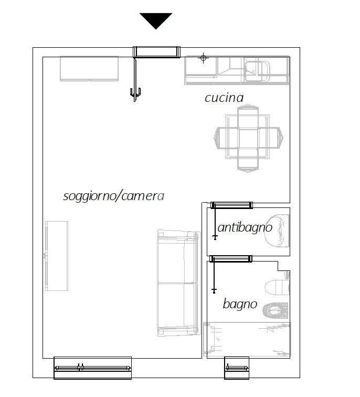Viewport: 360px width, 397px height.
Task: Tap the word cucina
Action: [x=224, y=98]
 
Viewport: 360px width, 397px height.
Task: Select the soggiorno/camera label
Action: [x=113, y=196]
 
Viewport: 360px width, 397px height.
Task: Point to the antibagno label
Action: [x=245, y=227]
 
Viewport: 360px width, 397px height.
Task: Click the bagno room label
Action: [x=240, y=304]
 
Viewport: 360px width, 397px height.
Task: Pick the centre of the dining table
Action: [x=248, y=137]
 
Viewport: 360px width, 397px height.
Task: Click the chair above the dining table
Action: [x=248, y=118]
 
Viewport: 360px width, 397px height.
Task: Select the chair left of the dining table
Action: [x=227, y=138]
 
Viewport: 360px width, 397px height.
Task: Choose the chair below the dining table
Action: [x=248, y=160]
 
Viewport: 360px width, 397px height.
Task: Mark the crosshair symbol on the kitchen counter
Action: [x=204, y=58]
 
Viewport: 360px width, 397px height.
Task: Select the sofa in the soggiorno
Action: [x=178, y=283]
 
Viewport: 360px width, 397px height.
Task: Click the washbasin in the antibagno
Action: [x=277, y=231]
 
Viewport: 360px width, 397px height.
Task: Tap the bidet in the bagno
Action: [x=276, y=310]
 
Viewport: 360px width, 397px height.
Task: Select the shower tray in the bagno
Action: [x=247, y=340]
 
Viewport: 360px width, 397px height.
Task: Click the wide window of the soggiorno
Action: [x=92, y=368]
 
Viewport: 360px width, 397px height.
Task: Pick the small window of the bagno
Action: [x=237, y=368]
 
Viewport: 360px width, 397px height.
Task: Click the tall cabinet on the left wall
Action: [x=57, y=256]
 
